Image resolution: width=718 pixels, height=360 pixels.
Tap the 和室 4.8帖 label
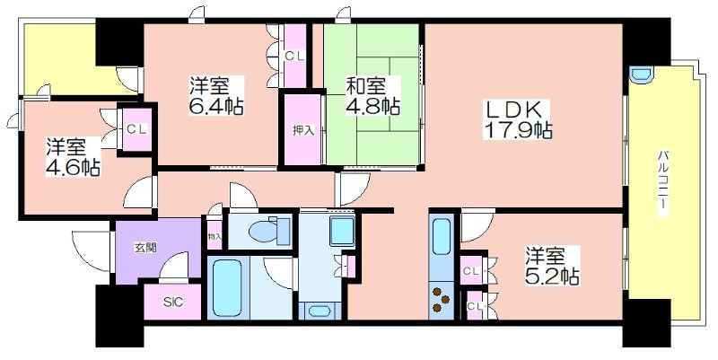click(x=372, y=96)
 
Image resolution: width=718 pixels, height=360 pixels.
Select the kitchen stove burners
click(x=442, y=298)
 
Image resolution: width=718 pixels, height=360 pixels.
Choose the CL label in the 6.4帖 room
click(x=293, y=56)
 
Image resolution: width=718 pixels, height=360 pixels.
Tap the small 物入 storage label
click(x=214, y=237)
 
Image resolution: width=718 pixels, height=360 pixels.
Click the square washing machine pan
click(x=341, y=231)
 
